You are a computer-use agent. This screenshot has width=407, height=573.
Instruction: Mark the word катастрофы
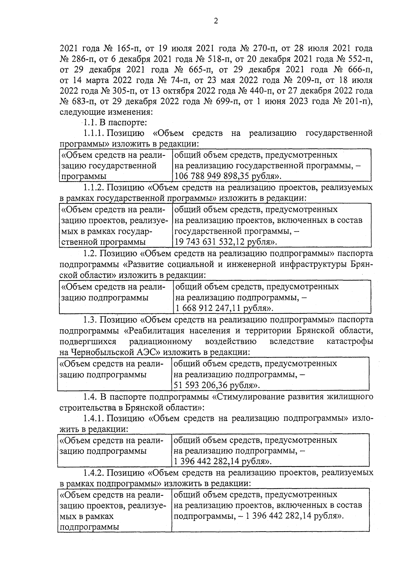(350, 341)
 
